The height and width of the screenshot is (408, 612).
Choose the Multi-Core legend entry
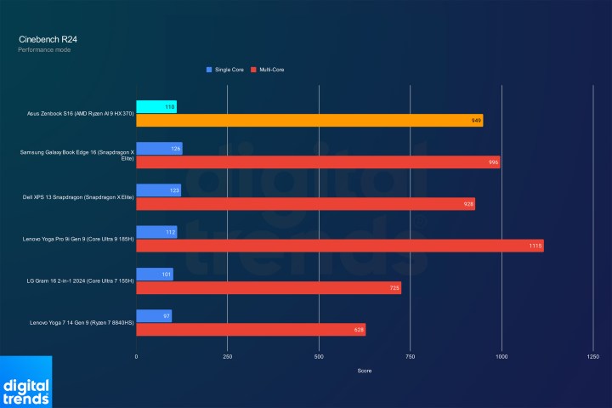[x=268, y=69]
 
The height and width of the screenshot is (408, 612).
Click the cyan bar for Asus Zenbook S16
[x=156, y=106]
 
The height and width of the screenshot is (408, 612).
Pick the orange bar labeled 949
[x=309, y=121]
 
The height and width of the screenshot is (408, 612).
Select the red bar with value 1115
[x=340, y=246]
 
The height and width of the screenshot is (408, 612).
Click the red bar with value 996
[x=318, y=162]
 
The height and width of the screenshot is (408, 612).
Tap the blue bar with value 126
[x=159, y=149]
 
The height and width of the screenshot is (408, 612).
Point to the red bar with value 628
[x=251, y=329]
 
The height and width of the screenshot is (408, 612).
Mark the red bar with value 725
[x=269, y=287]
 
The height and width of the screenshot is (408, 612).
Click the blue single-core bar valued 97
[x=154, y=315]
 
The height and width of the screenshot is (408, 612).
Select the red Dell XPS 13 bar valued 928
[x=305, y=204]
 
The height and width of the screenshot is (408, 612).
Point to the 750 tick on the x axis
[x=410, y=357]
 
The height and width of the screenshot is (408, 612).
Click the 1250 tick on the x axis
[x=592, y=357]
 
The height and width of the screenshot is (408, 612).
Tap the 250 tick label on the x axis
[x=227, y=357]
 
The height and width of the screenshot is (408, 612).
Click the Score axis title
[x=364, y=371]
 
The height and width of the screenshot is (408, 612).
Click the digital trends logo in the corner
[x=25, y=383]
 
